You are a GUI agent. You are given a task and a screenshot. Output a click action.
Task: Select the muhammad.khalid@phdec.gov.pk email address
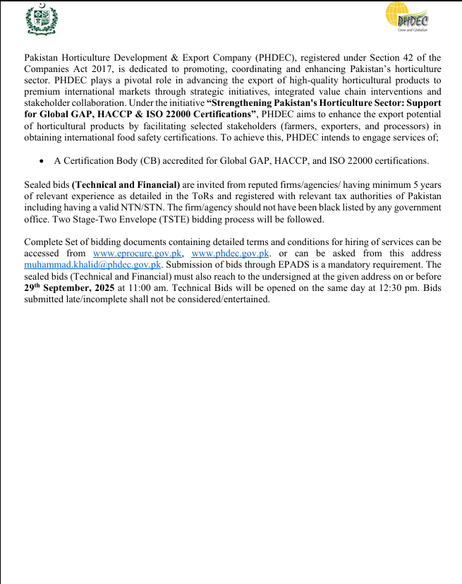93,265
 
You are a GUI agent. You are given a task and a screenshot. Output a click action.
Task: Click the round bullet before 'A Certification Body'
42,161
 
